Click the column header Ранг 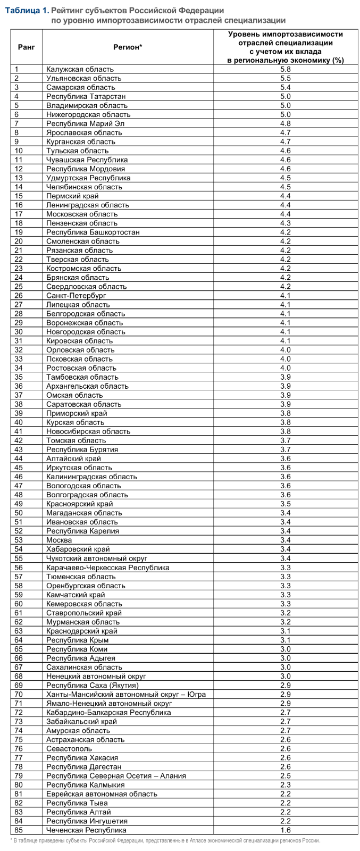tap(26, 47)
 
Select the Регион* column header tap(128, 47)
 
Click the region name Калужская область tap(80, 69)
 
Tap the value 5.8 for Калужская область tap(286, 69)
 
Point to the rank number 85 tap(19, 830)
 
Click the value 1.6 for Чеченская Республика tap(286, 830)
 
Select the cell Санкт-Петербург tap(76, 295)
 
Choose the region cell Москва tap(59, 540)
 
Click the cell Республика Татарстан tap(86, 96)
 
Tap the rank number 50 tap(19, 513)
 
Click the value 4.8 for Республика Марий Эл tap(286, 123)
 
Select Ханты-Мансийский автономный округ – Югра tap(126, 694)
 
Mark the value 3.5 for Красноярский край tap(286, 504)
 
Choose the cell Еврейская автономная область tap(102, 794)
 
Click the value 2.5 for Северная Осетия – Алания tap(286, 775)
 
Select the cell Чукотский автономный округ tap(97, 558)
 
